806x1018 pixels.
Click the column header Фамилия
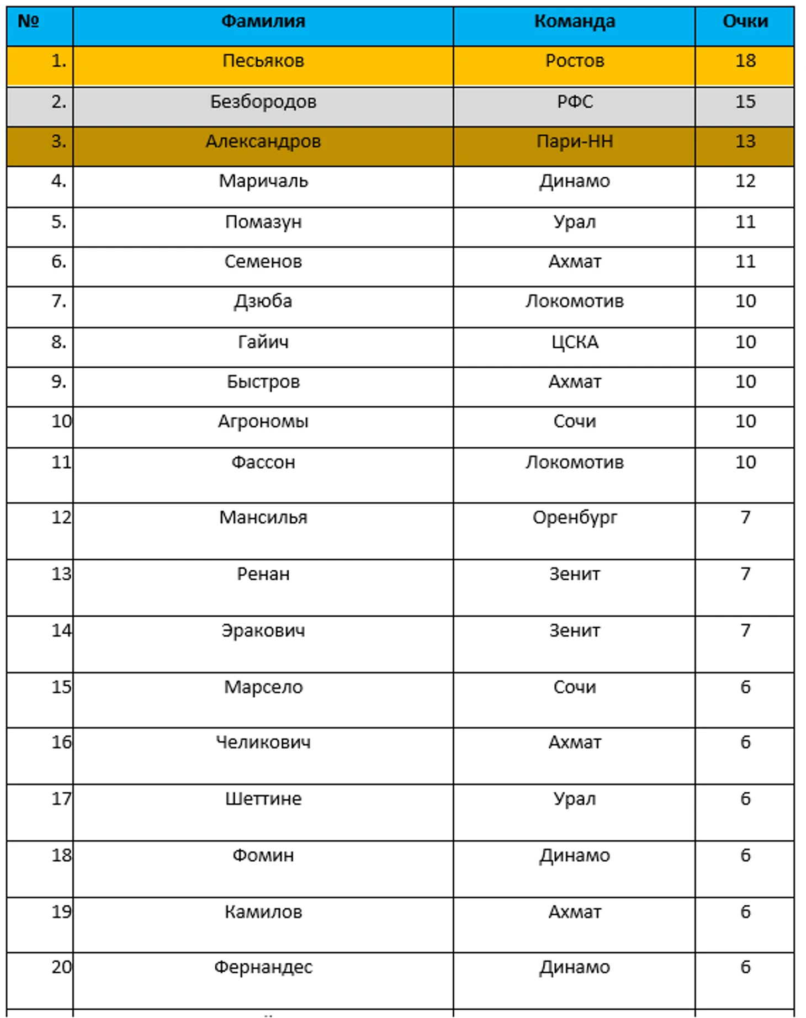(x=263, y=22)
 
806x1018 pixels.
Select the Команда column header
(x=574, y=22)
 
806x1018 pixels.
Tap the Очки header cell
(x=745, y=22)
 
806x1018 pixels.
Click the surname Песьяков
(x=263, y=61)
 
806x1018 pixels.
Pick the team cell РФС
(x=574, y=102)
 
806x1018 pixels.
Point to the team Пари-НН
(x=574, y=142)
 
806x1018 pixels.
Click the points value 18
(x=745, y=61)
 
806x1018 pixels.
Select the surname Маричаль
(x=263, y=181)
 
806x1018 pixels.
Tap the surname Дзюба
(x=263, y=301)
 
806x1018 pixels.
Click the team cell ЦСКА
(x=574, y=342)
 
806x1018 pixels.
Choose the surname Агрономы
(x=263, y=422)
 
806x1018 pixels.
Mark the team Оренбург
(x=574, y=518)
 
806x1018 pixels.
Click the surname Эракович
(x=263, y=630)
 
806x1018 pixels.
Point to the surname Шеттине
(x=263, y=799)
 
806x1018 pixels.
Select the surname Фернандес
(x=263, y=967)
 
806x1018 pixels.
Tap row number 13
(x=61, y=574)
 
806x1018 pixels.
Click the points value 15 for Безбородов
(x=745, y=102)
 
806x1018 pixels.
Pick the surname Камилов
(x=263, y=911)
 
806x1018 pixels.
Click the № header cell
(x=29, y=22)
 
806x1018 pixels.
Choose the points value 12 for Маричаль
(x=745, y=181)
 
